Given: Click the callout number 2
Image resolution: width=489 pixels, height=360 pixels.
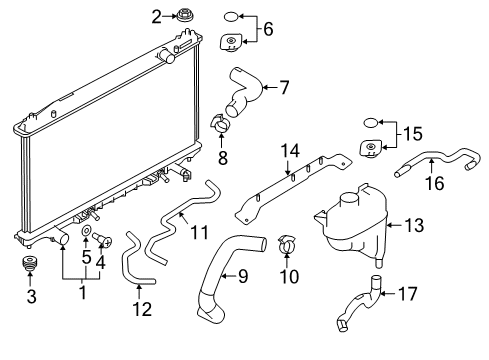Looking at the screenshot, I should pos(156,15).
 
